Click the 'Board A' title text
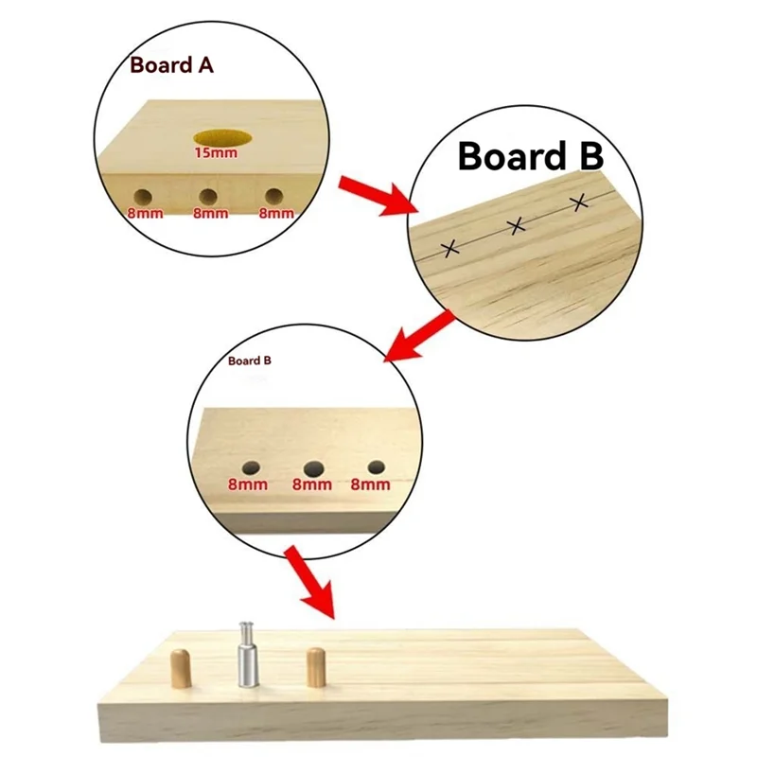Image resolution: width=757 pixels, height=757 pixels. point(172,67)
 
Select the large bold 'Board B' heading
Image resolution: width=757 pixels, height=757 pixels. point(531,156)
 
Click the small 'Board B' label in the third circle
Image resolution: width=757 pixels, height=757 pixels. point(251,361)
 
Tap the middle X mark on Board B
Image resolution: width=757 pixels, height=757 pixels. point(517,225)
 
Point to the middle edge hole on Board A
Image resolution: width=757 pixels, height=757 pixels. point(208,196)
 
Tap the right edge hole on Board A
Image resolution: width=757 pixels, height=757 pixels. point(273,195)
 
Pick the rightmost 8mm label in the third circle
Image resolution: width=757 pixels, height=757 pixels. point(370,484)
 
